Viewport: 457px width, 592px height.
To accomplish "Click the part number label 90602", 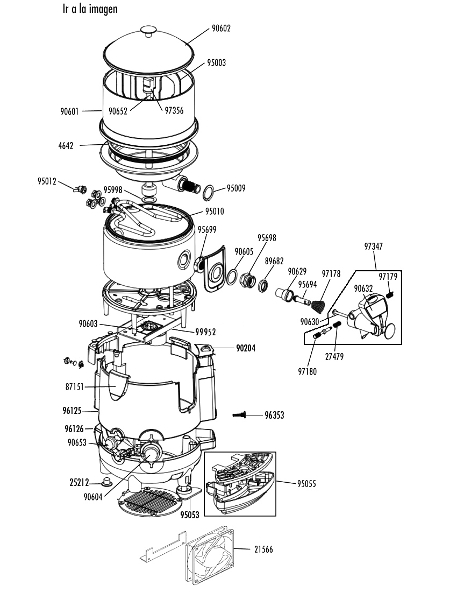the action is tap(221, 29).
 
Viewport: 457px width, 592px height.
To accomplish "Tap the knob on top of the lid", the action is tap(148, 31).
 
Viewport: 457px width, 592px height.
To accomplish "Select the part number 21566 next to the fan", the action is tap(263, 549).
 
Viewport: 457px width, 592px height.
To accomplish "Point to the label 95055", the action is tap(306, 484).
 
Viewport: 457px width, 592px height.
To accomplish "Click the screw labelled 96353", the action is tap(239, 415).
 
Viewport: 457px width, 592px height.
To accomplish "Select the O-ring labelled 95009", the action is tap(209, 193).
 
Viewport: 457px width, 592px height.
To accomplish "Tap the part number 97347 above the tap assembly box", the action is tap(373, 246).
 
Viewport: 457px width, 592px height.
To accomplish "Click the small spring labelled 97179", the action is tap(391, 294).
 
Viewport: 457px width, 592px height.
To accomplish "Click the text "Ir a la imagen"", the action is tap(90, 9).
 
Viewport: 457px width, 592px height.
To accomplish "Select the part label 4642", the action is tap(66, 145).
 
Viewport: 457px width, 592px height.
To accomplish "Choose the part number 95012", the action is tap(47, 181).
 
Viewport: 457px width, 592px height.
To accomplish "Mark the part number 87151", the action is tap(75, 387).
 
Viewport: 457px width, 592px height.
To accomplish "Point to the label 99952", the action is tap(205, 332).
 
